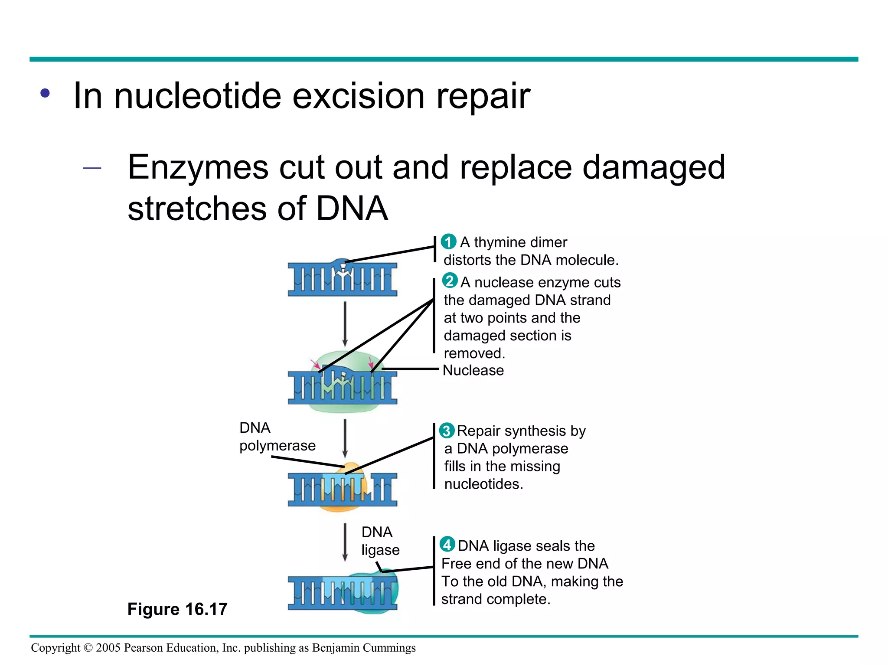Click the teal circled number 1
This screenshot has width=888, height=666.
point(448,242)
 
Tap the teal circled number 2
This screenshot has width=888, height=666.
point(450,281)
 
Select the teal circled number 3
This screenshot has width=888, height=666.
point(447,431)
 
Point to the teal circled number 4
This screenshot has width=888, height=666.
point(447,545)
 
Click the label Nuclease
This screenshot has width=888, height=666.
point(473,370)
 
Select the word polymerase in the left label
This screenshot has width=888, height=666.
point(277,446)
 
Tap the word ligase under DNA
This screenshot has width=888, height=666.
point(380,550)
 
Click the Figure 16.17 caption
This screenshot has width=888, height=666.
point(177,609)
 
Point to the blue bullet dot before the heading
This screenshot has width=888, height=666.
point(45,93)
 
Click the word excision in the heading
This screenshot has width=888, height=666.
point(358,96)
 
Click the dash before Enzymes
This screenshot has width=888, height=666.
point(92,168)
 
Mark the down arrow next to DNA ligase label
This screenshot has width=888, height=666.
point(345,542)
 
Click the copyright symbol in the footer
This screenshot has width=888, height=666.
point(88,648)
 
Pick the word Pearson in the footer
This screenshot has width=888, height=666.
point(143,648)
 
